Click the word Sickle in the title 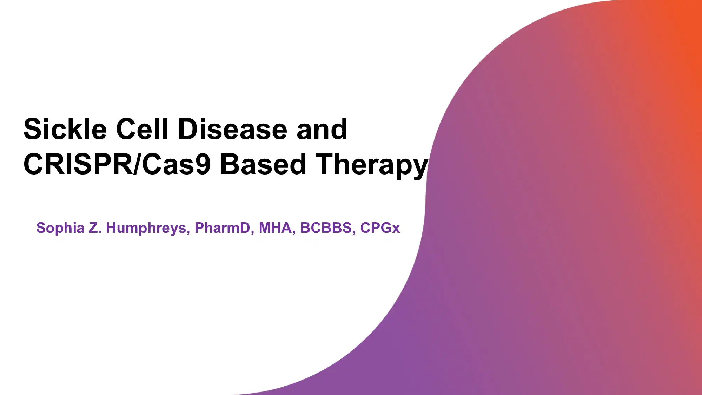point(65,129)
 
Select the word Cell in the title point(142,129)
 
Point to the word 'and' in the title point(322,129)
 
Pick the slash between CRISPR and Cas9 point(138,164)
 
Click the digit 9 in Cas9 point(203,164)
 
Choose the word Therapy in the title point(372,164)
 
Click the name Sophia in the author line point(60,228)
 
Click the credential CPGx point(380,228)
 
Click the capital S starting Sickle point(31,129)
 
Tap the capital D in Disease point(187,129)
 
